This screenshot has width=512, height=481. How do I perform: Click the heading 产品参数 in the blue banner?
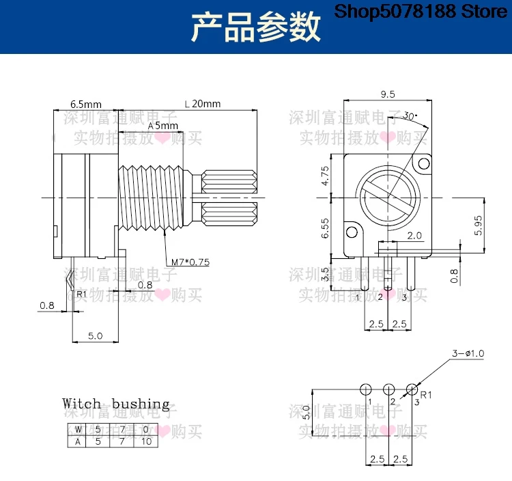pos(255,28)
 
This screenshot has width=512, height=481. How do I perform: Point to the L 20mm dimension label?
pos(203,104)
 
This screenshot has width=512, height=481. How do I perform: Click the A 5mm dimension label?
pos(164,126)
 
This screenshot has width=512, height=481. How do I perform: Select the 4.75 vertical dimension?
pos(325,176)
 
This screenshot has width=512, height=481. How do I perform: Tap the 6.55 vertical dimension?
pos(325,228)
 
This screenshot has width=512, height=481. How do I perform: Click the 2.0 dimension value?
pos(414,235)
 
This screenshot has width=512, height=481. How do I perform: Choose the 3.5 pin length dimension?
pos(325,275)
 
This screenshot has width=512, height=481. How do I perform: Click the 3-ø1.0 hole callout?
pos(468,353)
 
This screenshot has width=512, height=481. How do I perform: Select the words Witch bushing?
pos(115,404)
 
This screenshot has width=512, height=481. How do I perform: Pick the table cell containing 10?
pos(147,441)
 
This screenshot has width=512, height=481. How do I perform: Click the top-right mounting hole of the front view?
pos(424,163)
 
